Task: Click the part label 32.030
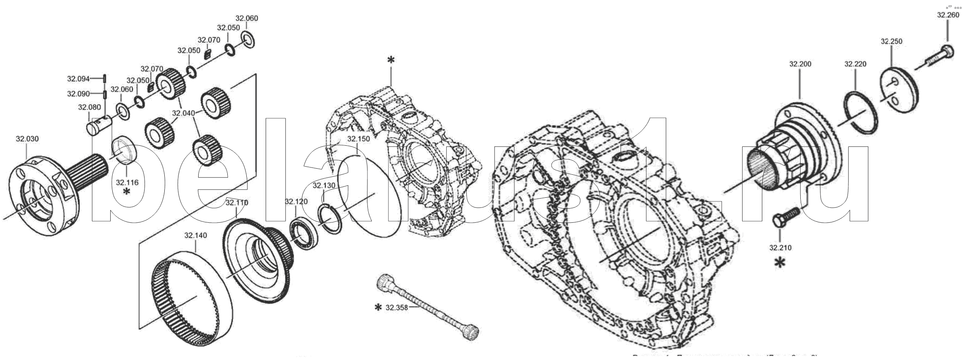coord(27,139)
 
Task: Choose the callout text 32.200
coord(800,64)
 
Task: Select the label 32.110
coord(237,203)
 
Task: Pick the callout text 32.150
coord(359,139)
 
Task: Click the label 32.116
coord(127,182)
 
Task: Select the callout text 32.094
coord(78,79)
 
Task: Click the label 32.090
coord(78,94)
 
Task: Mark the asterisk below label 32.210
coord(780,263)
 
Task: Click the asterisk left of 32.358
coord(378,308)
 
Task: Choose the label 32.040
coord(183,113)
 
